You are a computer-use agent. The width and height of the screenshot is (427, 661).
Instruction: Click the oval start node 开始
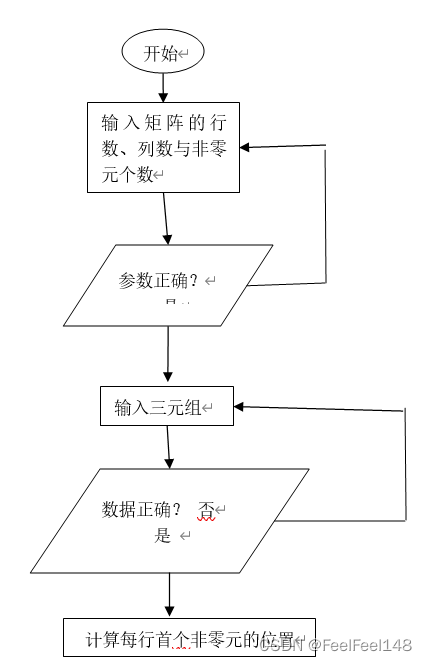(x=162, y=53)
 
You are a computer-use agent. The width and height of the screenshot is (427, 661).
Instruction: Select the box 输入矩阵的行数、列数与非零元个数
(x=163, y=147)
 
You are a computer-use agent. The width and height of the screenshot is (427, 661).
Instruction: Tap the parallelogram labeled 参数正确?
(x=168, y=285)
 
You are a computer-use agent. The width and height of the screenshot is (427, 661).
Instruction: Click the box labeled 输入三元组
(x=166, y=406)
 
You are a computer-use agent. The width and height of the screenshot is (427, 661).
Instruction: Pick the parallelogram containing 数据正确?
(x=169, y=520)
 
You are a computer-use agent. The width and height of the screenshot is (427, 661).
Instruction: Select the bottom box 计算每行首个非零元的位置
(x=189, y=638)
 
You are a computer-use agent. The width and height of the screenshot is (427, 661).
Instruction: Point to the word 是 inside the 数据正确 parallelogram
(x=163, y=536)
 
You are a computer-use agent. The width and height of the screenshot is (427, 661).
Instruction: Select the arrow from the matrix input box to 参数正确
(x=166, y=218)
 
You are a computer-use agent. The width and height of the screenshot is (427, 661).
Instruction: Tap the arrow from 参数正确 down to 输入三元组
(x=167, y=356)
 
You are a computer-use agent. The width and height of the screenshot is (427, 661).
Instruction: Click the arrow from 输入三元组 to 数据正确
(x=169, y=447)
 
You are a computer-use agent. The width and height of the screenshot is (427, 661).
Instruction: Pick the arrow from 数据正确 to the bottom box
(x=169, y=595)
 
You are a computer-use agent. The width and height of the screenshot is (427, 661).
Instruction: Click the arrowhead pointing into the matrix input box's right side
(x=247, y=147)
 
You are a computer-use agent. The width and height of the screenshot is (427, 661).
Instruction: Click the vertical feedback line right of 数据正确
(x=405, y=465)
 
